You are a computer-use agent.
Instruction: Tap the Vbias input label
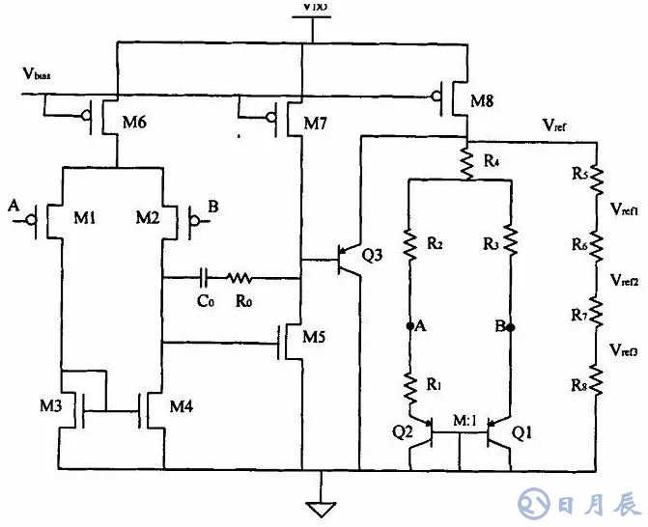point(40,74)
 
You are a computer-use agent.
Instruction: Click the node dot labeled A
point(410,326)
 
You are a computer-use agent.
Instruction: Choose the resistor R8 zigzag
point(596,382)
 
